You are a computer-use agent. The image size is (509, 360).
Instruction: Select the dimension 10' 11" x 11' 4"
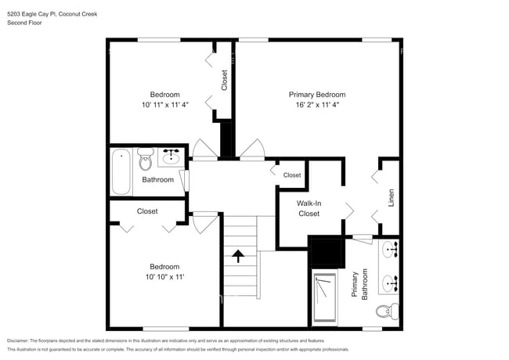click(165, 104)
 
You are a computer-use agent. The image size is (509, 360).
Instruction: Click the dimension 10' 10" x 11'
click(164, 276)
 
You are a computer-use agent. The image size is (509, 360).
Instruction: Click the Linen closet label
click(392, 198)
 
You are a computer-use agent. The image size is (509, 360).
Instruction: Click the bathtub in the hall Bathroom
click(121, 172)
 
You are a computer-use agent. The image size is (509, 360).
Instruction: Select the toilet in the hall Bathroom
click(145, 160)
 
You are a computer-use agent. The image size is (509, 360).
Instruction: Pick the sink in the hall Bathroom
click(171, 158)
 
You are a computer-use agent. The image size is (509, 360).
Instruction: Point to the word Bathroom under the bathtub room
click(157, 180)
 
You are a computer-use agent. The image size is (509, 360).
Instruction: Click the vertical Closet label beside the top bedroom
click(224, 80)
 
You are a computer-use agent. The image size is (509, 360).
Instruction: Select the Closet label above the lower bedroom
click(147, 211)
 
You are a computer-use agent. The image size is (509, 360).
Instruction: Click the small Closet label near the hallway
click(292, 175)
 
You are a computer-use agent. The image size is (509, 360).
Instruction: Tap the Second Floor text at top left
click(24, 23)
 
